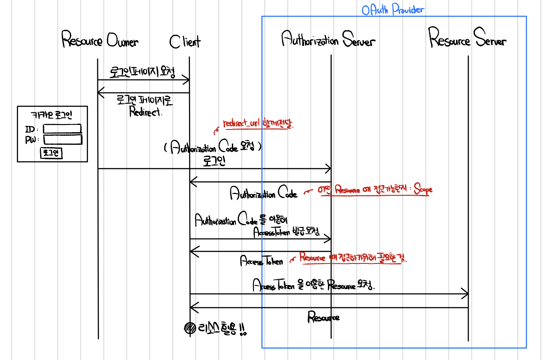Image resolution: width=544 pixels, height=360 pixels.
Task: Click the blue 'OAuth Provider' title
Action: (x=392, y=10)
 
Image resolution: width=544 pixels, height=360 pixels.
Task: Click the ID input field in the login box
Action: (x=62, y=129)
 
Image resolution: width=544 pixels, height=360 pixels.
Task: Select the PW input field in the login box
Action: (x=62, y=139)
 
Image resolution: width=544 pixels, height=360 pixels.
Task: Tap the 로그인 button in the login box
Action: (x=51, y=153)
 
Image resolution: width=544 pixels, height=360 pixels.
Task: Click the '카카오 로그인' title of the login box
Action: (x=51, y=115)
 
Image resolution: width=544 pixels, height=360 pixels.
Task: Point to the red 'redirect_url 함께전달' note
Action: (x=258, y=124)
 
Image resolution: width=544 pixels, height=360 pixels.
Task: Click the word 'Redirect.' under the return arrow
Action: (x=145, y=112)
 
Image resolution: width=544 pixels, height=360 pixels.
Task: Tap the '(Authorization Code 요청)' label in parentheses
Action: (x=212, y=148)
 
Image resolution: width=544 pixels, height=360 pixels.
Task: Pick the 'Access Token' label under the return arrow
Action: (x=262, y=261)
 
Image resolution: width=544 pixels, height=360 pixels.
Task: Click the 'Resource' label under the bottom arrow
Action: (x=323, y=317)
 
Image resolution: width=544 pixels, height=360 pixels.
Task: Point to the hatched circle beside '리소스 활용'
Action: (x=190, y=328)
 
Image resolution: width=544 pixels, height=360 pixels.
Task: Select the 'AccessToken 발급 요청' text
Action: (x=286, y=232)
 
